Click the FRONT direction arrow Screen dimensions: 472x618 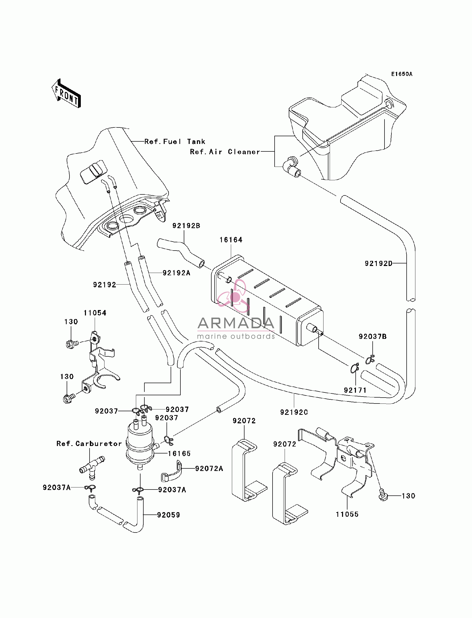pos(66,93)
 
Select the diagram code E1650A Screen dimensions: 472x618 pos(402,74)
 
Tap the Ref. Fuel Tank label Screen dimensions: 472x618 pos(175,142)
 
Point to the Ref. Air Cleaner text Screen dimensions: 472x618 pos(225,152)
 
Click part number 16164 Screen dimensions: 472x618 pos(231,240)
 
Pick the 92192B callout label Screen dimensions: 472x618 pos(186,226)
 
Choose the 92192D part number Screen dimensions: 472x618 pos(378,263)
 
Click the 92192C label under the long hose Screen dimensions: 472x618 pos(294,412)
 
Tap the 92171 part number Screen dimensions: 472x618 pos(355,390)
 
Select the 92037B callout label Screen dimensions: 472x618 pos(373,336)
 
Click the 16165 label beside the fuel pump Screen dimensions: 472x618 pos(179,453)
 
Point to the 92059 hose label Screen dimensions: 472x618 pos(169,515)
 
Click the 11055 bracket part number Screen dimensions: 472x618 pos(347,514)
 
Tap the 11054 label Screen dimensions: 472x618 pos(95,313)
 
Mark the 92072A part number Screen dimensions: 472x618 pos(209,468)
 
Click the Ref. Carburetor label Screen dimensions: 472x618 pos(89,443)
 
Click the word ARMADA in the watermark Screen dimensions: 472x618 pos(236,323)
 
